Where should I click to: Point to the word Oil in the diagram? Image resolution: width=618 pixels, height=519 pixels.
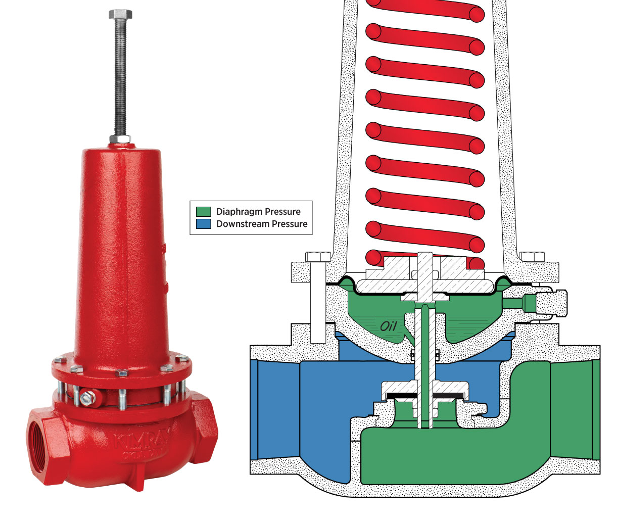[389, 326]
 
